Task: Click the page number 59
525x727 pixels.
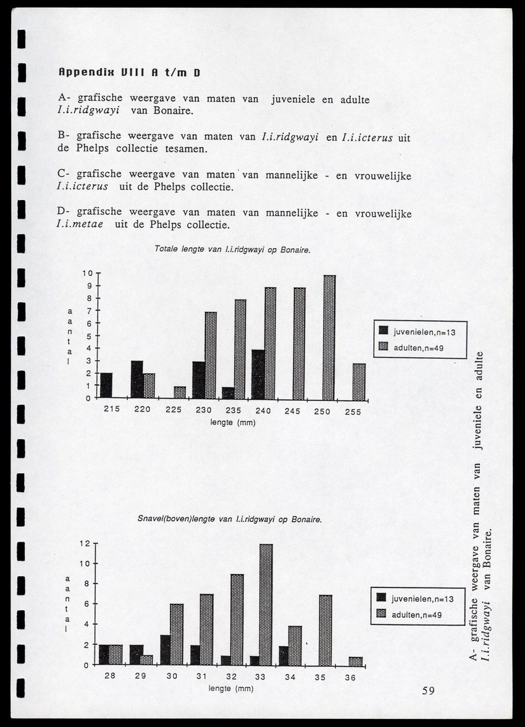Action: point(429,691)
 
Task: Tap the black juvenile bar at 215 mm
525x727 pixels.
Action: point(106,385)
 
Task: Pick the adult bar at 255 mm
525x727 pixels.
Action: point(359,381)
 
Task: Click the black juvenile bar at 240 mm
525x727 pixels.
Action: point(258,374)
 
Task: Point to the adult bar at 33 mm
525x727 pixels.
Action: point(266,604)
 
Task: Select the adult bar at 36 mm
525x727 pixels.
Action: point(356,660)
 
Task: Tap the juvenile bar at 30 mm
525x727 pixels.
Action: point(165,649)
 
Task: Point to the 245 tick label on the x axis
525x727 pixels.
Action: point(293,410)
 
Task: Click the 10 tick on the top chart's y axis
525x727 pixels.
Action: point(87,274)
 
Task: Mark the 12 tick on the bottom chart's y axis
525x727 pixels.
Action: point(85,544)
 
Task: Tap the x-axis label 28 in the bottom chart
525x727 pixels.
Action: point(109,676)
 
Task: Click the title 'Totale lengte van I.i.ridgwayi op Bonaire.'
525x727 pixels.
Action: point(232,250)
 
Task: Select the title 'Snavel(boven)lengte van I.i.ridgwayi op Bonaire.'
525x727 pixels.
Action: point(229,519)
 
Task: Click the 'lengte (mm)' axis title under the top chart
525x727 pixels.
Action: point(232,423)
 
